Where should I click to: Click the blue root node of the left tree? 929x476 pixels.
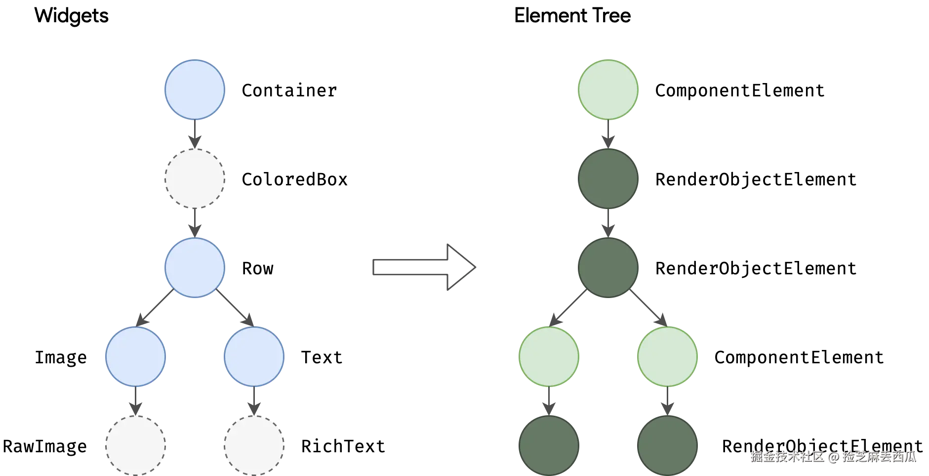194,89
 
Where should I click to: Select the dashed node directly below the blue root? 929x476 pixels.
194,178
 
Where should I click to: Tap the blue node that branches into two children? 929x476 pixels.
194,267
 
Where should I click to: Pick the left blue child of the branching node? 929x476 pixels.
135,356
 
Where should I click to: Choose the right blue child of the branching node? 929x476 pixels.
254,356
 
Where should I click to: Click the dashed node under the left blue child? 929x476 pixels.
135,445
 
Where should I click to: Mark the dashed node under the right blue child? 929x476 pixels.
254,445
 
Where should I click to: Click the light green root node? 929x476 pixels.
608,89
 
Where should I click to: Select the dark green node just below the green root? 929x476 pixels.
608,178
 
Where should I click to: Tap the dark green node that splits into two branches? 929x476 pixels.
608,267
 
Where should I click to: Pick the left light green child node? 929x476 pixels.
549,356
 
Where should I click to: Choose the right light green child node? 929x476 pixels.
667,356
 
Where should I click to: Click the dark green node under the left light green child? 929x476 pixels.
549,445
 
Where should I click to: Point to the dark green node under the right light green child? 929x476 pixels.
667,445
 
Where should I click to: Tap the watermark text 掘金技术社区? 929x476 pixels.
786,456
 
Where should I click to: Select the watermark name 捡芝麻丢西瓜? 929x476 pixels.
879,456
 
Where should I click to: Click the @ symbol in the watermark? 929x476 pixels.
833,456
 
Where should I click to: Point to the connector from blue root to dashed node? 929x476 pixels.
195,133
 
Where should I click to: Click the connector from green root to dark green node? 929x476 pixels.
608,133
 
